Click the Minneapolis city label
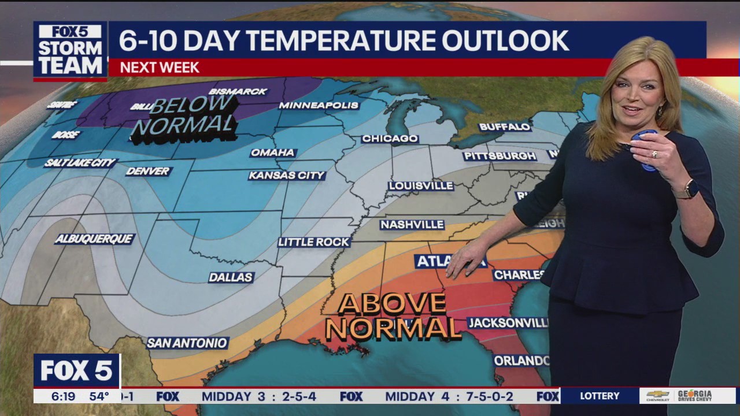coord(319,105)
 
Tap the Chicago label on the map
coord(390,139)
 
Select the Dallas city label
coord(231,277)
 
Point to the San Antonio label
coord(187,343)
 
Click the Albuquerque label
coord(94,239)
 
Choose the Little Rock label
coord(314,242)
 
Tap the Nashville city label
coord(412,224)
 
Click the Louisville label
coord(421,185)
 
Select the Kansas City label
coord(287,175)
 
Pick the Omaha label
coord(273,153)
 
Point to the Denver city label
coord(149,171)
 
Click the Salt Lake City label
coord(80,163)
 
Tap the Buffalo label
coord(505,127)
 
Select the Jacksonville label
coord(508,322)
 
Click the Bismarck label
coord(238,91)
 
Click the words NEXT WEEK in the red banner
coord(160,68)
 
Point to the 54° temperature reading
coord(99,396)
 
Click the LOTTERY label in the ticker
coord(600,396)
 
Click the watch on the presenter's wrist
coord(689,189)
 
